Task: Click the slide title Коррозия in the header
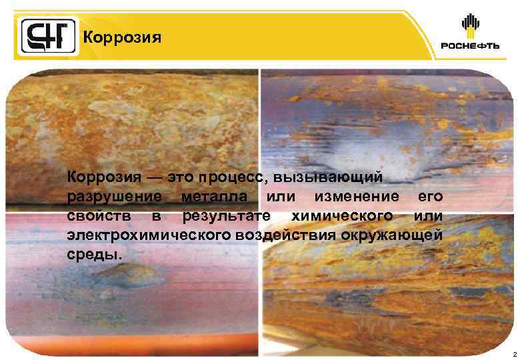(x=122, y=37)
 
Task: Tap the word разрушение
(x=114, y=197)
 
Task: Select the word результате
(x=226, y=216)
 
